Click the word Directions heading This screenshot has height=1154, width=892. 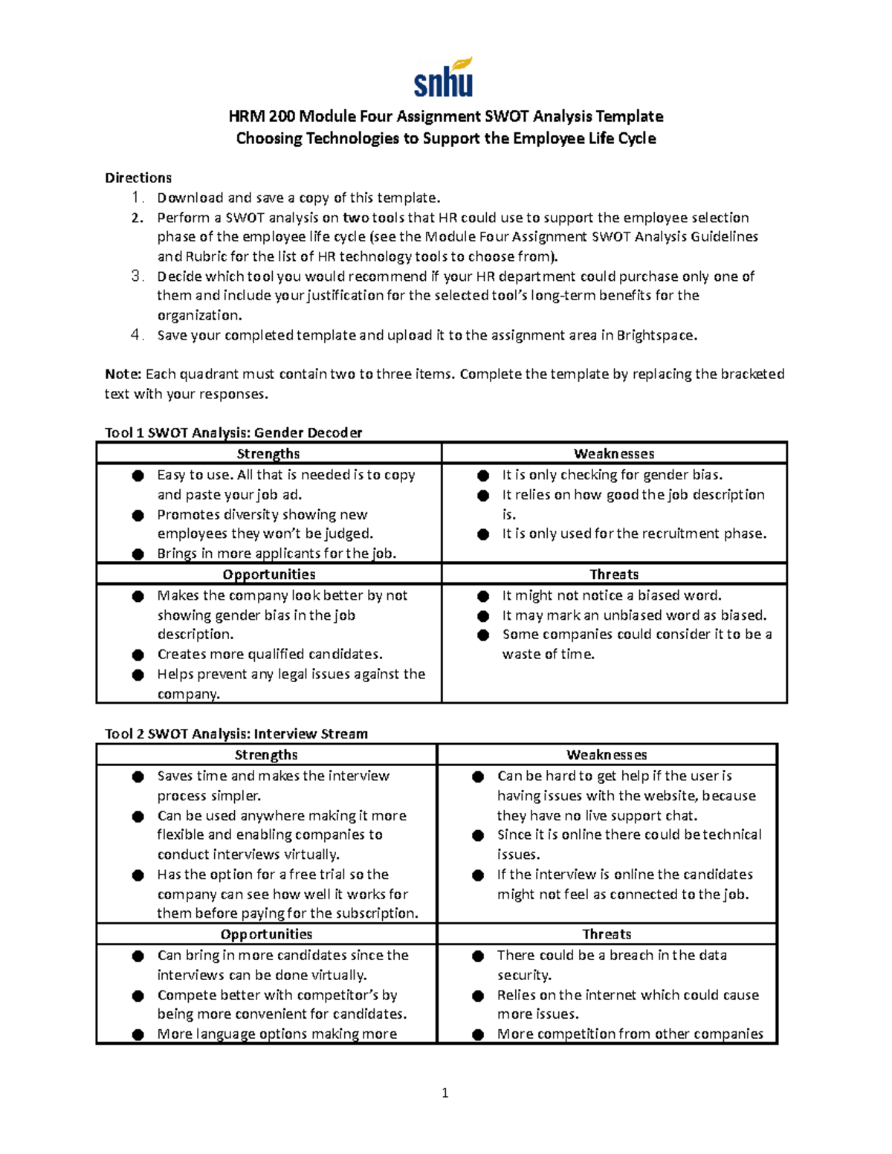(138, 178)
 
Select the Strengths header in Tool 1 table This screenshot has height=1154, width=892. (268, 453)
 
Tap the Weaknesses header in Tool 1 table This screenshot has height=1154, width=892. (614, 453)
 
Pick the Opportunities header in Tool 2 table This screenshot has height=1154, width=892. (266, 934)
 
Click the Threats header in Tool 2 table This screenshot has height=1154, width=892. (607, 934)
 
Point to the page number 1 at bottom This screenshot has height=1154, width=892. (445, 1092)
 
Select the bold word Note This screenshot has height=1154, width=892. (123, 374)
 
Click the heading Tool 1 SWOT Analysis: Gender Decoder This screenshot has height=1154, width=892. (233, 432)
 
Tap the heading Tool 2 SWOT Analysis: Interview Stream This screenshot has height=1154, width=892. (236, 733)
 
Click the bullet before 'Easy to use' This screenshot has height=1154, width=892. (138, 476)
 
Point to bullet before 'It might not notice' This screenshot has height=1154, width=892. (483, 596)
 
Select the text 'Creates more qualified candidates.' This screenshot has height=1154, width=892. (270, 654)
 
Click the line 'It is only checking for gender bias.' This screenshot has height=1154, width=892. (612, 475)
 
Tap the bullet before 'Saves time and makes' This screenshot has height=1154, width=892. (138, 777)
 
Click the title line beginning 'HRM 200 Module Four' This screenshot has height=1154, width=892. (445, 116)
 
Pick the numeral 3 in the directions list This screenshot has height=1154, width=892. (136, 276)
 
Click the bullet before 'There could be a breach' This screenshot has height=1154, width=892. (478, 956)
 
